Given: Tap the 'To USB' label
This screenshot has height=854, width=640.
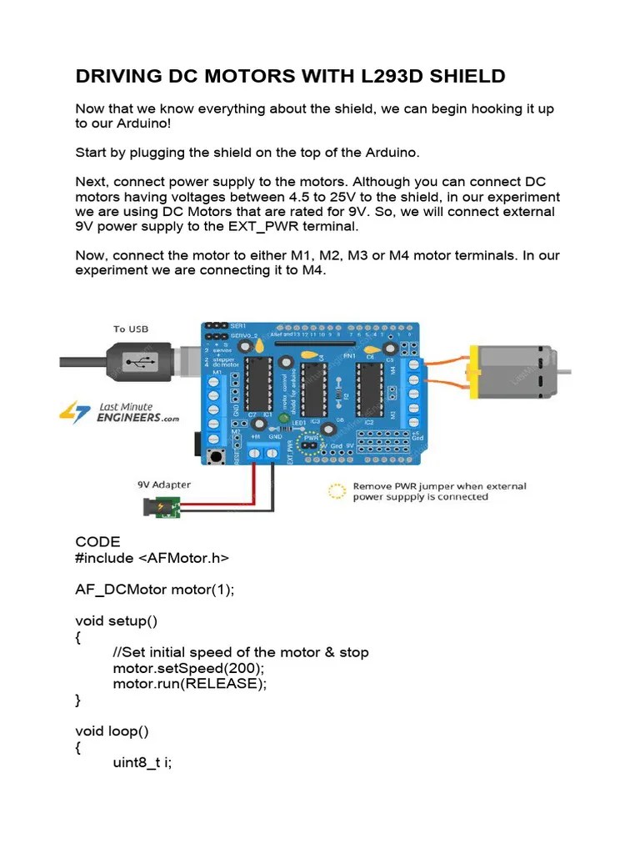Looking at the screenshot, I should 131,329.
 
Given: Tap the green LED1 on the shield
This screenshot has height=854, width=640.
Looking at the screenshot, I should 284,418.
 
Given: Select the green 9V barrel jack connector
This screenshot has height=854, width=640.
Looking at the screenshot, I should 163,506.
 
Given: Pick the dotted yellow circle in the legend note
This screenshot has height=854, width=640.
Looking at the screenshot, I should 337,491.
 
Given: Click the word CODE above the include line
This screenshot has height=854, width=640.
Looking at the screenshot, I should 97,542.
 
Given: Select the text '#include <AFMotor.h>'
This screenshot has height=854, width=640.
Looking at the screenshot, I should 152,558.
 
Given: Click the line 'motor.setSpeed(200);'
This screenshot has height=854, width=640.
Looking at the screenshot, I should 188,668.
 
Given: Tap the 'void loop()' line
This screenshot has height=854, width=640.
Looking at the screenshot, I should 112,731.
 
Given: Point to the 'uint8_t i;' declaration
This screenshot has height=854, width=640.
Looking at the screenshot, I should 142,763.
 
